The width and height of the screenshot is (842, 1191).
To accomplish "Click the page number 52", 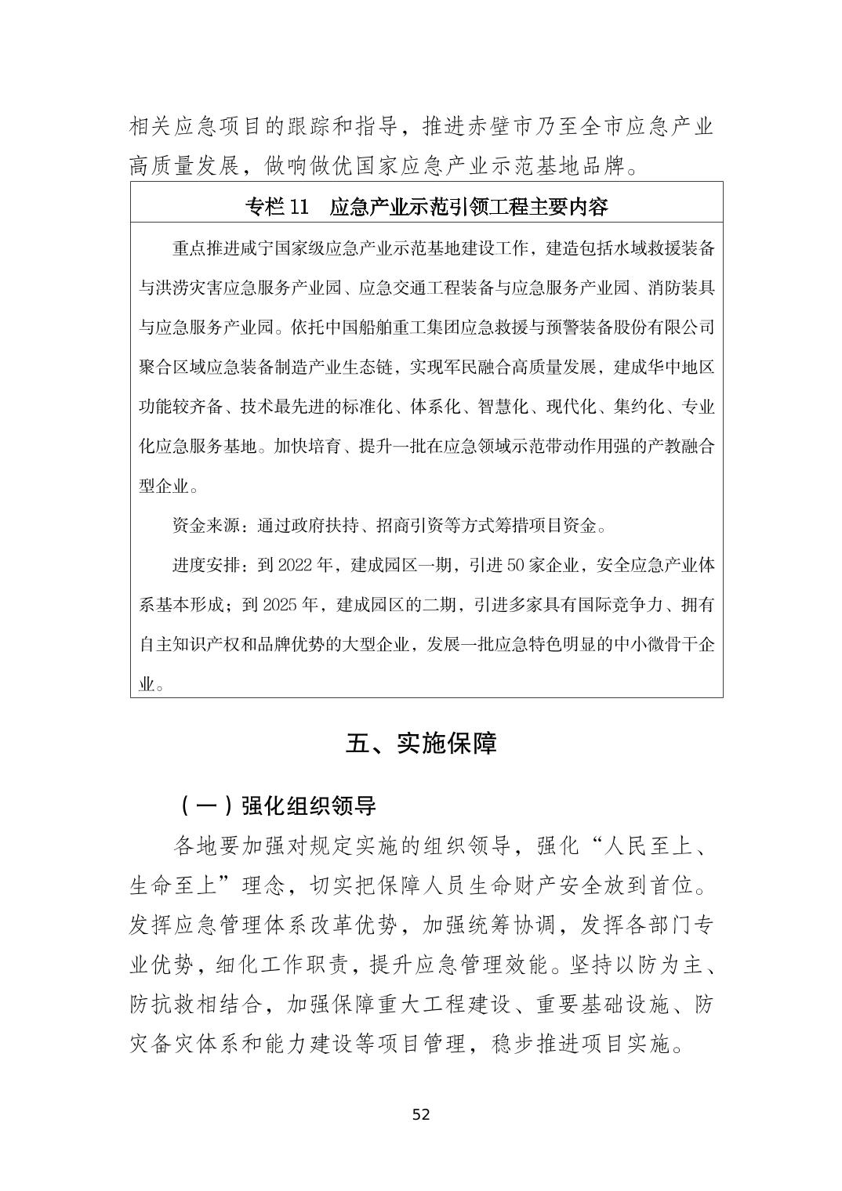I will (421, 1115).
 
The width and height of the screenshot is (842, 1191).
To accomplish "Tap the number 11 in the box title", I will (299, 207).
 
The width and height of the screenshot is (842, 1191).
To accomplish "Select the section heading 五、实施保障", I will (421, 744).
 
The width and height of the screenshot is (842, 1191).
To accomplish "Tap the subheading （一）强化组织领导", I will (277, 805).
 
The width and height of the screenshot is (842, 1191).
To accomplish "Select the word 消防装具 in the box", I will (680, 288).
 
